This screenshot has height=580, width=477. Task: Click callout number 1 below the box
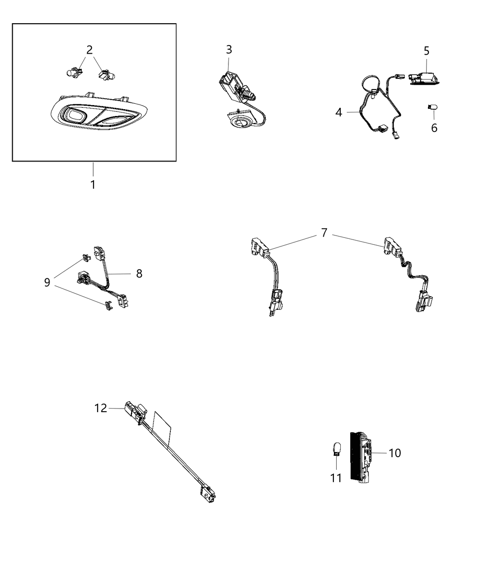click(93, 185)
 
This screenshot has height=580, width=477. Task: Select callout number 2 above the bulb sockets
click(89, 50)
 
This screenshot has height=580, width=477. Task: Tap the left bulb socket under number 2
click(72, 72)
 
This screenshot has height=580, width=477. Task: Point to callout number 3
click(229, 50)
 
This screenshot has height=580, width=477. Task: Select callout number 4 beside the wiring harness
click(338, 112)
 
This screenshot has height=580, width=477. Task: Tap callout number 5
click(426, 51)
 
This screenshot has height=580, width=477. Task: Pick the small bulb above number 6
click(432, 108)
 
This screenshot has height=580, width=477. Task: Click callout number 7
click(323, 233)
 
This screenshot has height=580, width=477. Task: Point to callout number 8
click(139, 273)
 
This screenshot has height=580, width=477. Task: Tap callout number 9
click(47, 282)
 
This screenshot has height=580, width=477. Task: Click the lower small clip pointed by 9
click(108, 306)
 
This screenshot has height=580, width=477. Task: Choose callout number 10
click(395, 453)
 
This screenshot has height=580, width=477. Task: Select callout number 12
click(101, 408)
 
